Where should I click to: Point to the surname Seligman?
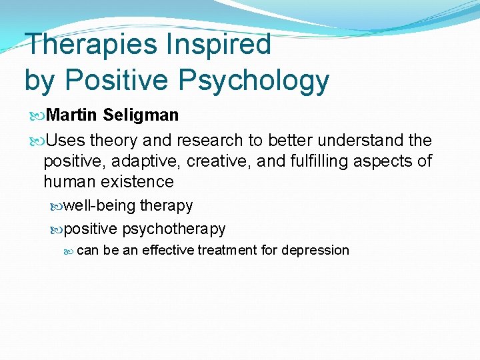(x=141, y=115)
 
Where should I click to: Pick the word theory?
(x=114, y=141)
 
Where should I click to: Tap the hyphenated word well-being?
(x=100, y=205)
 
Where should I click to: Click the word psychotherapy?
(x=174, y=229)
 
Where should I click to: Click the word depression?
(x=315, y=251)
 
